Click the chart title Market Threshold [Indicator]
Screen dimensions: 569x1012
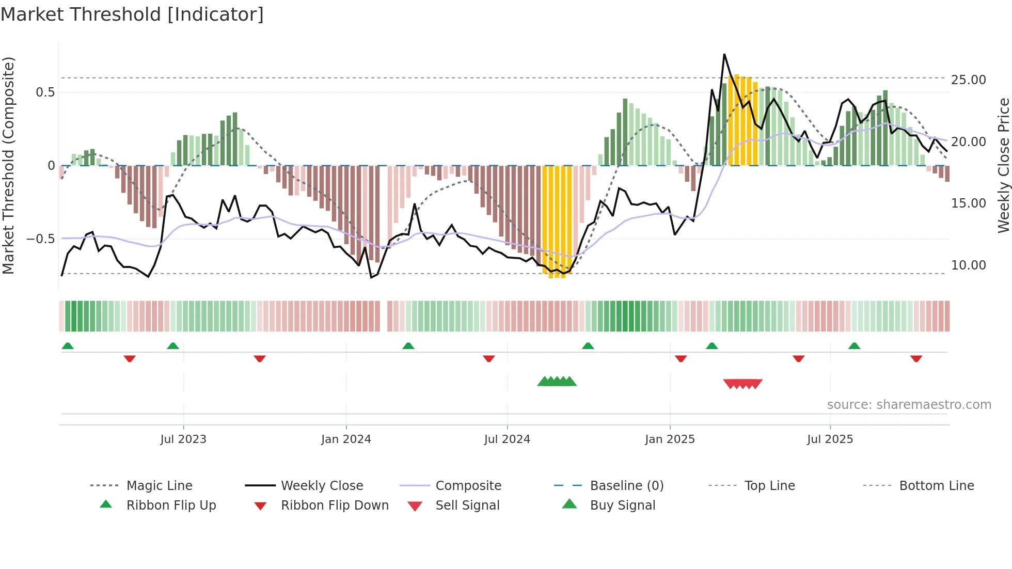[x=132, y=14]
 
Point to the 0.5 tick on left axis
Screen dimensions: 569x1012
[x=45, y=92]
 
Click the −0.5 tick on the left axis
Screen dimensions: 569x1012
[x=41, y=239]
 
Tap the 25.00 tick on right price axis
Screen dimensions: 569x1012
[x=968, y=80]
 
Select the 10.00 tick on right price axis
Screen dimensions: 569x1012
[x=968, y=265]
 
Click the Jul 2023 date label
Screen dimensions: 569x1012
[x=183, y=439]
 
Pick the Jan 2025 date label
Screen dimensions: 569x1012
[x=670, y=439]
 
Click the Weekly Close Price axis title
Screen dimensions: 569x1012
[x=1003, y=165]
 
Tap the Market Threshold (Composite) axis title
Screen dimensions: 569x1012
[x=8, y=165]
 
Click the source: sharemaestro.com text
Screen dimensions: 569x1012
[x=909, y=405]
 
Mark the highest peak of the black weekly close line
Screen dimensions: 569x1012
[x=724, y=54]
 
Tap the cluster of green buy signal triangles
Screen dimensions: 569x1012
[x=557, y=382]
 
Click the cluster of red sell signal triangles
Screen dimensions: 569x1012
[x=742, y=384]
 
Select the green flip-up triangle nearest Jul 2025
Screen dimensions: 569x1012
[x=854, y=346]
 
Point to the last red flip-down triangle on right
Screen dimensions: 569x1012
[x=916, y=358]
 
